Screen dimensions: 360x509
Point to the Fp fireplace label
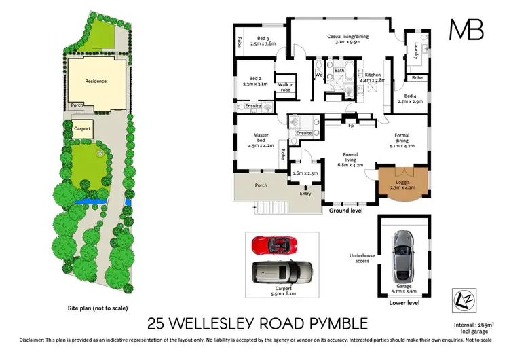[x=350, y=126]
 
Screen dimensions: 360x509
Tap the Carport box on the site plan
[x=83, y=128]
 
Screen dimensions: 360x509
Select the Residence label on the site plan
[x=96, y=81]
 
